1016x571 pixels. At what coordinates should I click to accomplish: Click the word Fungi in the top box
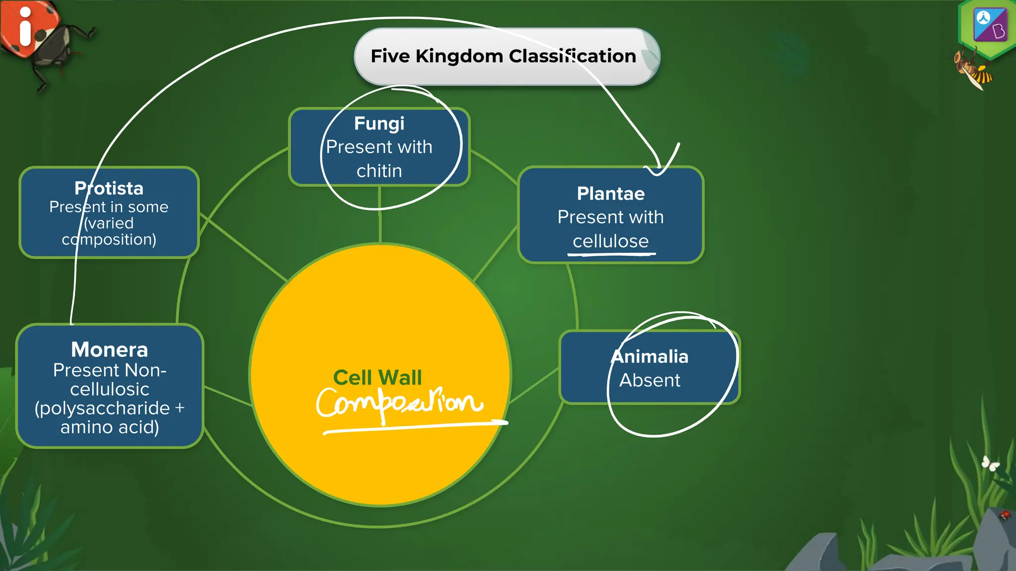pos(379,123)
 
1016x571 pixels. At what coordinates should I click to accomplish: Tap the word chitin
pos(379,171)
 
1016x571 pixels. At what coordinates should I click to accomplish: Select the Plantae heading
pos(611,193)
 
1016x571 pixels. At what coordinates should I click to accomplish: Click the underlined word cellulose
pos(611,241)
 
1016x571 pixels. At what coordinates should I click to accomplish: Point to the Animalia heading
pos(650,356)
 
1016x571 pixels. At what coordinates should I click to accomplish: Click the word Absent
pos(650,380)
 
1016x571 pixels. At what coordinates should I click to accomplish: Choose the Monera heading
pos(110,349)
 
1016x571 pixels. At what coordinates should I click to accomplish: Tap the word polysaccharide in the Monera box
pos(103,408)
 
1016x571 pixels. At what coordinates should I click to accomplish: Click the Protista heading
pos(109,188)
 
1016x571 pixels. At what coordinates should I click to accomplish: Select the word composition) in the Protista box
pos(109,239)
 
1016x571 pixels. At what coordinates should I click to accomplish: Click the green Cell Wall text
pos(378,378)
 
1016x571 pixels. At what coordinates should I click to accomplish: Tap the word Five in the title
pos(390,56)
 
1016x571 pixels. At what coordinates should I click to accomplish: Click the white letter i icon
pos(25,27)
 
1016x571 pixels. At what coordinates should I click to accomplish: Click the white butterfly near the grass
pos(990,463)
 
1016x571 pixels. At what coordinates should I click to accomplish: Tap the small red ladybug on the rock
pos(1005,515)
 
